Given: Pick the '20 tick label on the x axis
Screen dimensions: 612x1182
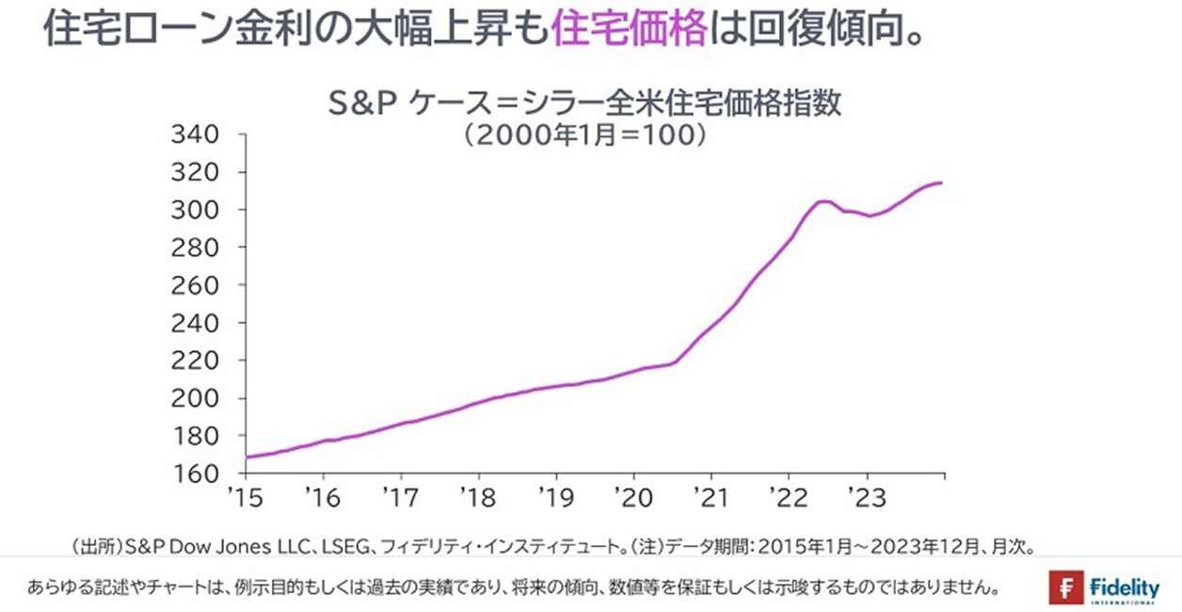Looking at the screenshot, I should [632, 496].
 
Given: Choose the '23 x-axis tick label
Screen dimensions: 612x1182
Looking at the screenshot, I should [865, 496].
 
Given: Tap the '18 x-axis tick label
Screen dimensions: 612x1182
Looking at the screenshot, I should [478, 496].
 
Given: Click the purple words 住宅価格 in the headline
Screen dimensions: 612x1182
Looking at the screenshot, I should [629, 29].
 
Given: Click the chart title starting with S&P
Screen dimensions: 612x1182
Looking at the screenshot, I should [584, 103].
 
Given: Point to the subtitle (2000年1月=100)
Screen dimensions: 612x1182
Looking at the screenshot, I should [584, 134].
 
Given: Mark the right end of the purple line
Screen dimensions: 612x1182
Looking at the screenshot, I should [942, 183].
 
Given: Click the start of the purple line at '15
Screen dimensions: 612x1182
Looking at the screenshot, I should [247, 458].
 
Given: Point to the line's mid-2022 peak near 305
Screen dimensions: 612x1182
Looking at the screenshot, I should [823, 201].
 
